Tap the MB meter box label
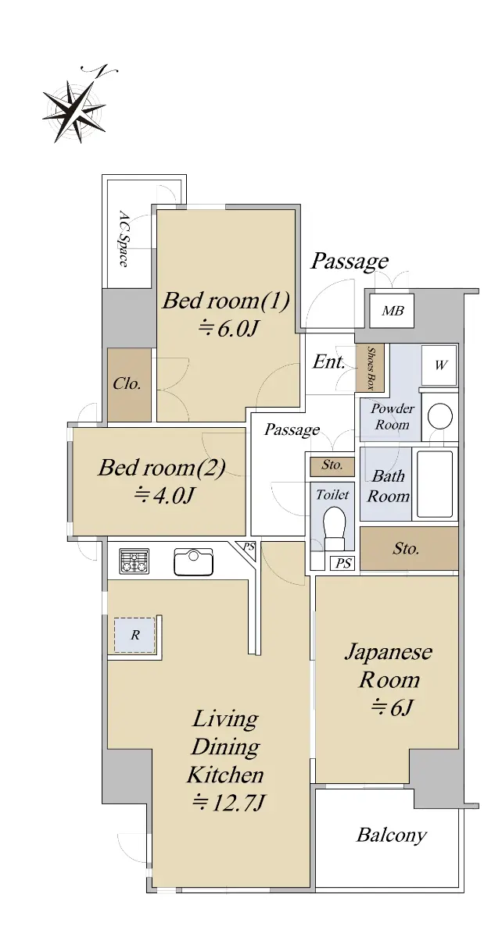[393, 311]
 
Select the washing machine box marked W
[439, 365]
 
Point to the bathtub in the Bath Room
[435, 484]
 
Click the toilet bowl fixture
[335, 529]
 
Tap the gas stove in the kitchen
[134, 561]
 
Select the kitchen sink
[193, 561]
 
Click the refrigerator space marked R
[135, 635]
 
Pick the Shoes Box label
[371, 368]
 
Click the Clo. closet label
[127, 384]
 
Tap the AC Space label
[124, 238]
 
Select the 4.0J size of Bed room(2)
[164, 496]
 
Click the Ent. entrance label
[329, 362]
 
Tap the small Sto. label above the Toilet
[332, 465]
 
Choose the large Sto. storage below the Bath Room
[409, 548]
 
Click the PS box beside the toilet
[343, 564]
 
